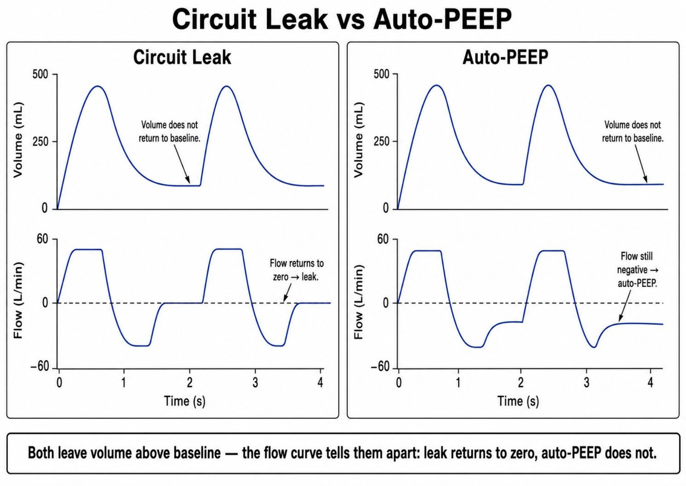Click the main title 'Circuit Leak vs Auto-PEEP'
coord(342,19)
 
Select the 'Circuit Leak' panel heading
coord(182,57)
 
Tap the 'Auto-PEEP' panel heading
coord(505,57)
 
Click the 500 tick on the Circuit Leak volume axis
coord(40,74)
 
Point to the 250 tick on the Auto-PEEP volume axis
coord(382,141)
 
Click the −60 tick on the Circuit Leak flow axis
coord(40,366)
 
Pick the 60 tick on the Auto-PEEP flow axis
coord(383,239)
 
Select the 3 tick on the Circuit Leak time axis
coord(255,383)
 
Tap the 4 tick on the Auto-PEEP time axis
coord(650,383)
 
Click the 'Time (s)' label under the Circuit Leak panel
coord(185,401)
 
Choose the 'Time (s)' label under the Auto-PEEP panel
coord(518,401)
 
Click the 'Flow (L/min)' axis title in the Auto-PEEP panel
coord(358,302)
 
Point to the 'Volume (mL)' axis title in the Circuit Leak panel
coord(18,140)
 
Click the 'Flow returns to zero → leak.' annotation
coord(297,270)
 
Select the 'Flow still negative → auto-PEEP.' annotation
coord(637,269)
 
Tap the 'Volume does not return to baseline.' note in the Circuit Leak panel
coord(170,132)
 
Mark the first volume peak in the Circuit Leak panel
coord(98,86)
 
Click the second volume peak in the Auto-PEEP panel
coord(548,85)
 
